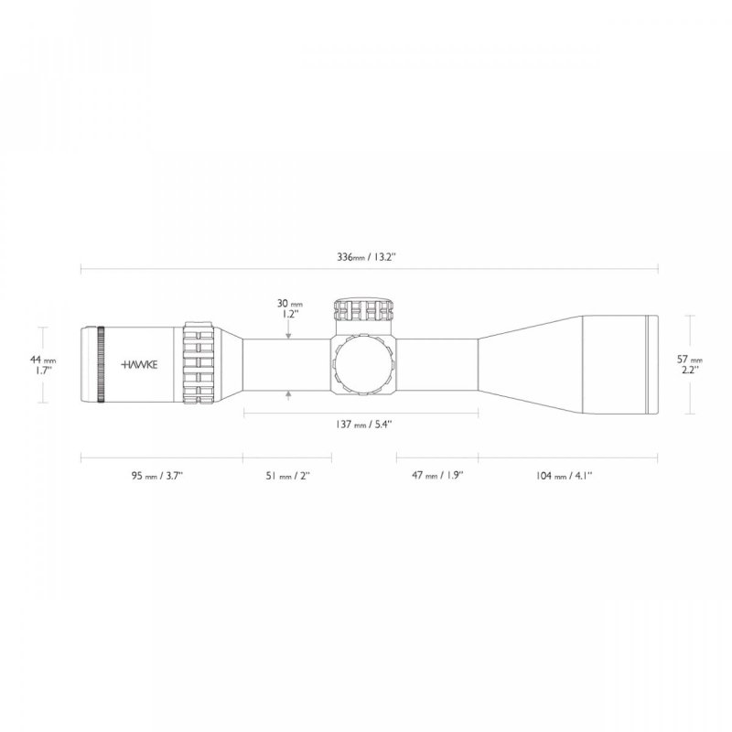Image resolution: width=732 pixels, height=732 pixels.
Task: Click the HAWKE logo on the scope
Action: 139,363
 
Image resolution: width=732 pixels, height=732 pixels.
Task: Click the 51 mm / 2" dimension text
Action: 286,476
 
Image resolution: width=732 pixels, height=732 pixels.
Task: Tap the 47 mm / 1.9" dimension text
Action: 436,476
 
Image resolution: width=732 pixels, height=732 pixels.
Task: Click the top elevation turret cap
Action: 366,309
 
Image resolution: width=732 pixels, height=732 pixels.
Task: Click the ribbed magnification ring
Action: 201,363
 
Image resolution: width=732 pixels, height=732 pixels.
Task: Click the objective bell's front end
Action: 652,363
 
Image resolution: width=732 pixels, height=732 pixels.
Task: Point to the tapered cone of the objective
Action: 526,363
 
